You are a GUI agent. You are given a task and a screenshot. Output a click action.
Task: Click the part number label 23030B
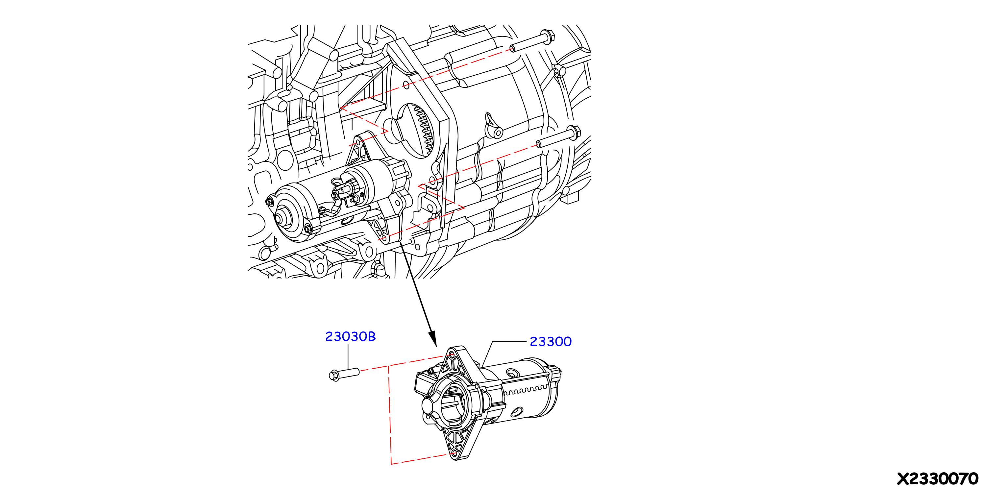(x=350, y=336)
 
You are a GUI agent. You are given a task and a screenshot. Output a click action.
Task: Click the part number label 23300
(x=551, y=341)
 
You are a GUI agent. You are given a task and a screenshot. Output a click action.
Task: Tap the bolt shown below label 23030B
(x=344, y=374)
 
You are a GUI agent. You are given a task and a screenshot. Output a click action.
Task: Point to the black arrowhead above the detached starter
(x=433, y=339)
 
